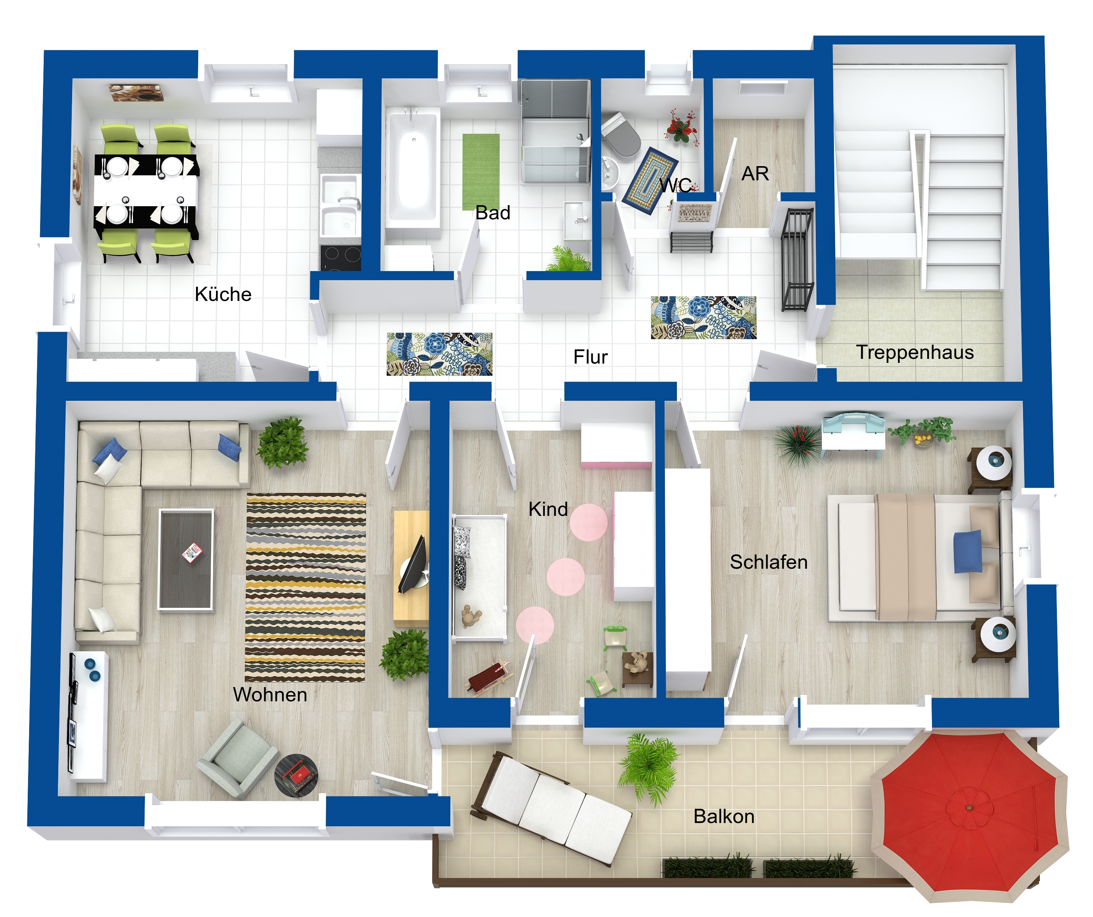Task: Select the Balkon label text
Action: tap(724, 816)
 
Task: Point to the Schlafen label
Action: tap(769, 562)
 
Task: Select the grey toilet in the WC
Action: tap(620, 136)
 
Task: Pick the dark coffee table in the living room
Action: tap(186, 559)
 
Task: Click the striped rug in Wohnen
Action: tap(306, 588)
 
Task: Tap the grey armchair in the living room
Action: tap(237, 758)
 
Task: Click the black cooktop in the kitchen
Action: tap(340, 258)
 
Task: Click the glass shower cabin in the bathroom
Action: tap(556, 131)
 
